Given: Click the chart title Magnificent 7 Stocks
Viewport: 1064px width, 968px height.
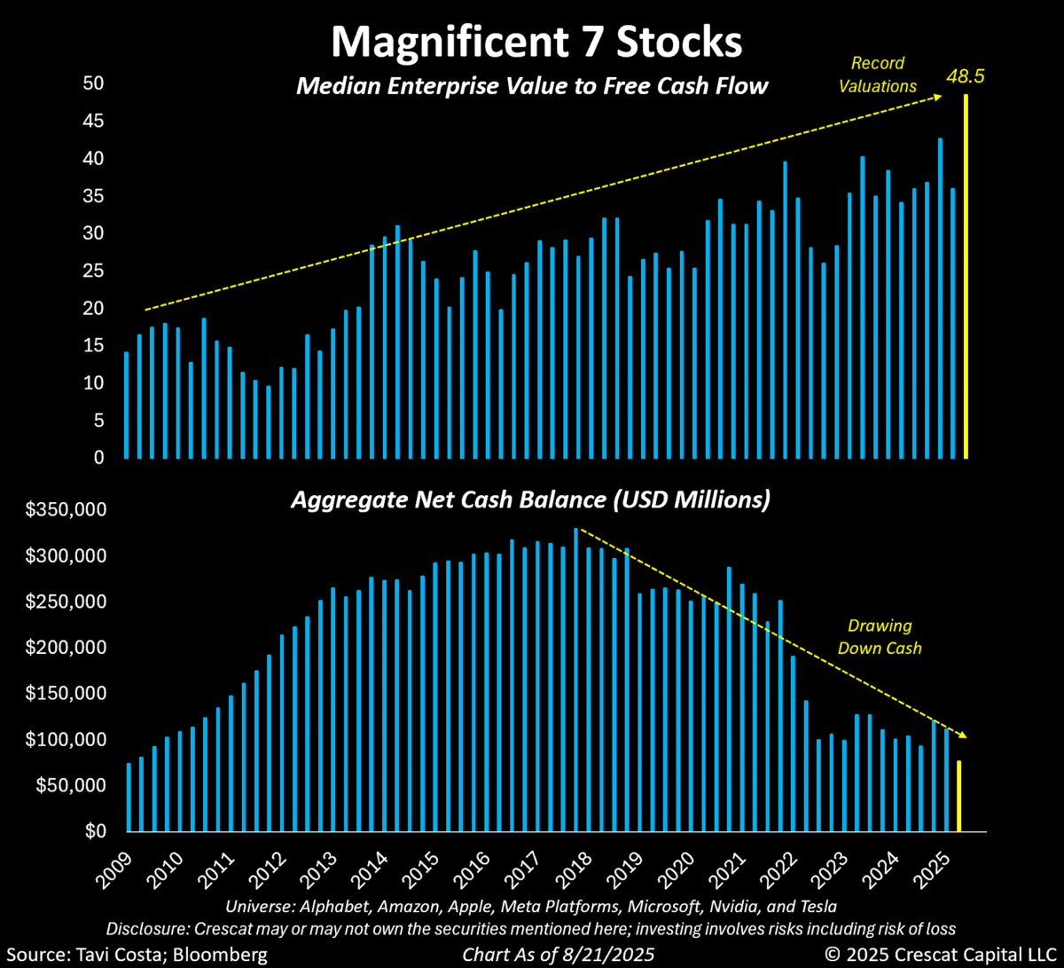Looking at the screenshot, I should coord(532,43).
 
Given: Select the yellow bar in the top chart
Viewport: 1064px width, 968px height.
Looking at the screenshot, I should coord(966,276).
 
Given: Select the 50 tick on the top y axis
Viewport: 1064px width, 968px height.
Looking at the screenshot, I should coord(94,83).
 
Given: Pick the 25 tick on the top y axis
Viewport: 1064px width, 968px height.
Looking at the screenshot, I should coord(94,271).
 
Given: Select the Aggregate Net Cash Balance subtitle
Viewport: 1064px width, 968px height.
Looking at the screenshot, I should coord(530,500).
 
